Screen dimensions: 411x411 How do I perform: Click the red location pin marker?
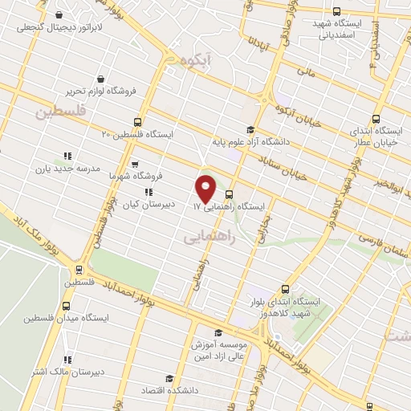tap(205, 188)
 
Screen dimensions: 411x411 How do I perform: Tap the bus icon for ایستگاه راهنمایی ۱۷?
tap(230, 193)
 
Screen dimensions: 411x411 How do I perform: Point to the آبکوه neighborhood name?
tap(196, 61)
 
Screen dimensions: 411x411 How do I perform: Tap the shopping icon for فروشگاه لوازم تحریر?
tap(101, 79)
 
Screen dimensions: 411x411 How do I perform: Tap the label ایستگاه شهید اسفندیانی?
tap(337, 30)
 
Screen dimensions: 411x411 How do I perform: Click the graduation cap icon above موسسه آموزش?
tap(217, 332)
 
